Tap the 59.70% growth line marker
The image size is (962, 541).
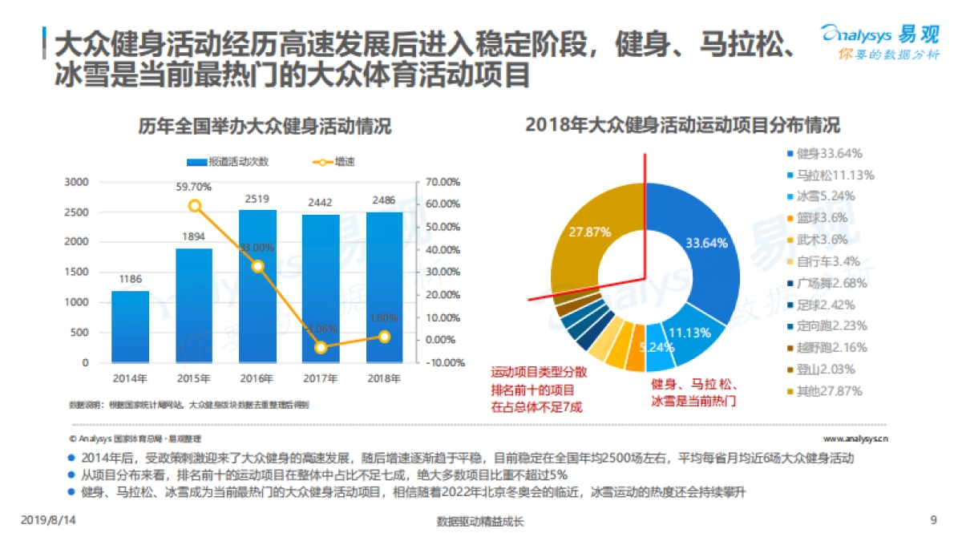194,206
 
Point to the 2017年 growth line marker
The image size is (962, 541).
321,347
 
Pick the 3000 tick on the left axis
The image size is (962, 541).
76,182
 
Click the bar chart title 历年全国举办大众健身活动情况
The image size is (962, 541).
265,126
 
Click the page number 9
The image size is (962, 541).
933,520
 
